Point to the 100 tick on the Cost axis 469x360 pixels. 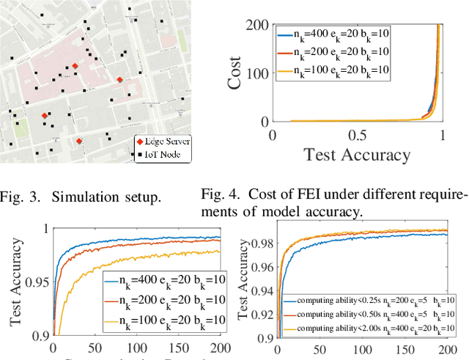pos(256,73)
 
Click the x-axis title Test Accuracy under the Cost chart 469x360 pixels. pos(357,154)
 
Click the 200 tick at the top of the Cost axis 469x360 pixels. pos(256,24)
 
